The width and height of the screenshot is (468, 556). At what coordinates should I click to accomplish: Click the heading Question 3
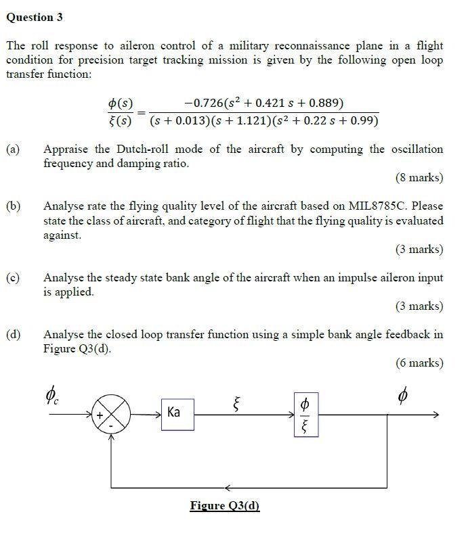tap(35, 18)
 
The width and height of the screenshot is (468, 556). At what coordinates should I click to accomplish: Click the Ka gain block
tap(177, 413)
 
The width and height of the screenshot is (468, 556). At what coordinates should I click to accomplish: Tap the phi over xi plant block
tap(305, 413)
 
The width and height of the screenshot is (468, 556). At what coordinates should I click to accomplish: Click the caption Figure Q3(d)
tap(225, 505)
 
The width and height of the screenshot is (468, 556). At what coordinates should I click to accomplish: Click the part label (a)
tap(13, 149)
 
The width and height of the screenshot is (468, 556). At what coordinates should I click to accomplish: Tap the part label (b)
tap(13, 206)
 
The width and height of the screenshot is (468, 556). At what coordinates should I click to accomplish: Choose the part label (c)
tap(13, 277)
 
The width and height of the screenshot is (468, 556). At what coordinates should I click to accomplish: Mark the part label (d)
tap(13, 334)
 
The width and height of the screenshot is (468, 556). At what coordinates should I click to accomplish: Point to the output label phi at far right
tap(404, 394)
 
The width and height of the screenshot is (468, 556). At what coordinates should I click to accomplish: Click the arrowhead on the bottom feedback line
tap(228, 487)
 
